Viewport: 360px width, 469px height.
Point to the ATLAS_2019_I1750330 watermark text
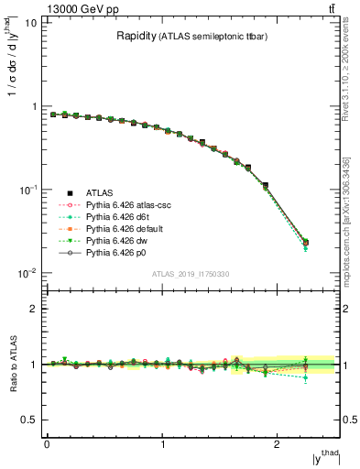click(190, 274)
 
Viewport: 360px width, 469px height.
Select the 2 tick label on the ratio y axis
click(34, 309)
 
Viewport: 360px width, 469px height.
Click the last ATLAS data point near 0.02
click(305, 243)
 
